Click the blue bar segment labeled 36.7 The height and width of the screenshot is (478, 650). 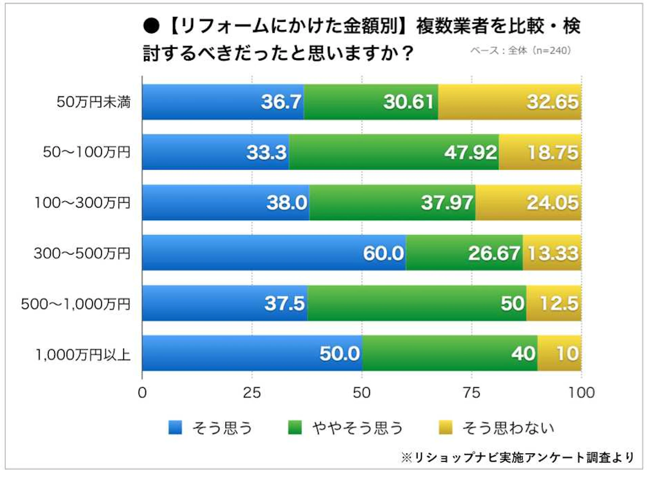(223, 102)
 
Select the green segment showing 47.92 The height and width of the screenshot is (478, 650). (394, 152)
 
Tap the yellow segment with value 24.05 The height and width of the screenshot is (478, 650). (528, 202)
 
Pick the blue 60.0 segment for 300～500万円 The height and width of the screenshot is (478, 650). (274, 253)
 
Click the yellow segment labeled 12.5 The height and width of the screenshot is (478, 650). (554, 303)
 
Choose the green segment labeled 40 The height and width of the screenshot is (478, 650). (450, 353)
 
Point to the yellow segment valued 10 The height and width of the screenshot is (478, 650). (559, 353)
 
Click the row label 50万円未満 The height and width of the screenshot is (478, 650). (93, 102)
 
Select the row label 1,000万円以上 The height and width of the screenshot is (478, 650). (83, 354)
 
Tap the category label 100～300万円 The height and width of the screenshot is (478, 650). (82, 202)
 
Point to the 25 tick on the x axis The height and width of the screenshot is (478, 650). (252, 393)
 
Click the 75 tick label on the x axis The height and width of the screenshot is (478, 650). (472, 393)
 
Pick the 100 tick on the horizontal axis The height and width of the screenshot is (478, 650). (581, 393)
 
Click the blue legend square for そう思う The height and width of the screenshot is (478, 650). (175, 427)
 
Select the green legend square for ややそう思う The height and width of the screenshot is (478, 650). (295, 427)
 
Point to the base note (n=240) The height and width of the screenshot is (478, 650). (521, 51)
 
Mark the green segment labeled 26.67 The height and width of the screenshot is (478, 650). (464, 253)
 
